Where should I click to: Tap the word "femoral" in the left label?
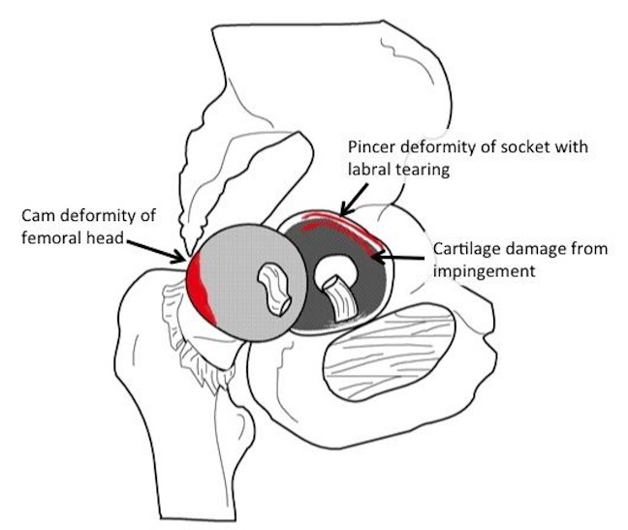pos(50,237)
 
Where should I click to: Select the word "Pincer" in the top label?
pos(371,147)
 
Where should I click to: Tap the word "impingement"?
pos(485,272)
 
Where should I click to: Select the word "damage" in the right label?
pos(532,250)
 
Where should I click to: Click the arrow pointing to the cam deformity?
pos(156,251)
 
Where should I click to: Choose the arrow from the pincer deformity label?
pos(354,200)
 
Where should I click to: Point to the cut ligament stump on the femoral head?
pos(273,288)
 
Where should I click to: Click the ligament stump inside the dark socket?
pos(339,299)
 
